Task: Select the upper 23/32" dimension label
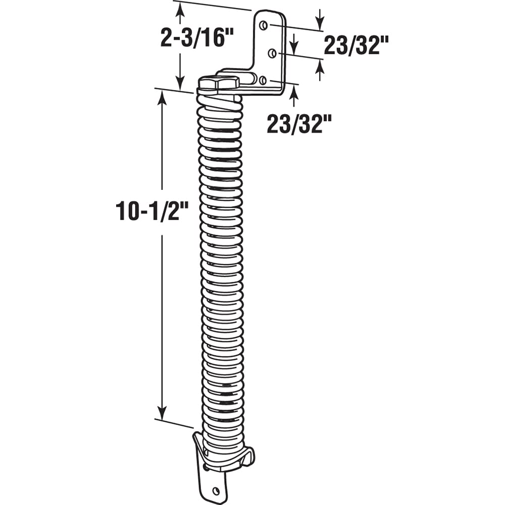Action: point(356,45)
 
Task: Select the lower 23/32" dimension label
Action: point(299,124)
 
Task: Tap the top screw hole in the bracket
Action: point(263,25)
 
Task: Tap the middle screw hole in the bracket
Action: point(273,53)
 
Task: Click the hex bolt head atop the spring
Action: point(219,83)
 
